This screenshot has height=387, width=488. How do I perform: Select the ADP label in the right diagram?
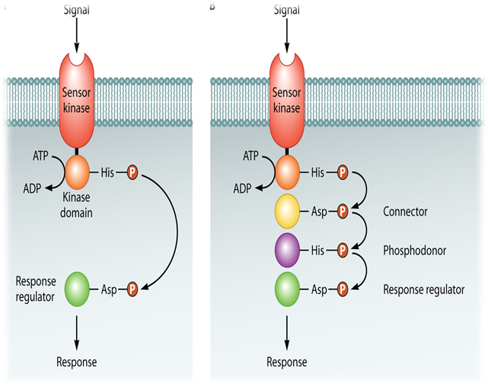[243, 188]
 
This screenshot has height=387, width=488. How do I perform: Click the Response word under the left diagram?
[77, 362]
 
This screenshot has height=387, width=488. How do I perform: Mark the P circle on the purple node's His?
[342, 249]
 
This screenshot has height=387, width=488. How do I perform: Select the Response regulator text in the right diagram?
[424, 290]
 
